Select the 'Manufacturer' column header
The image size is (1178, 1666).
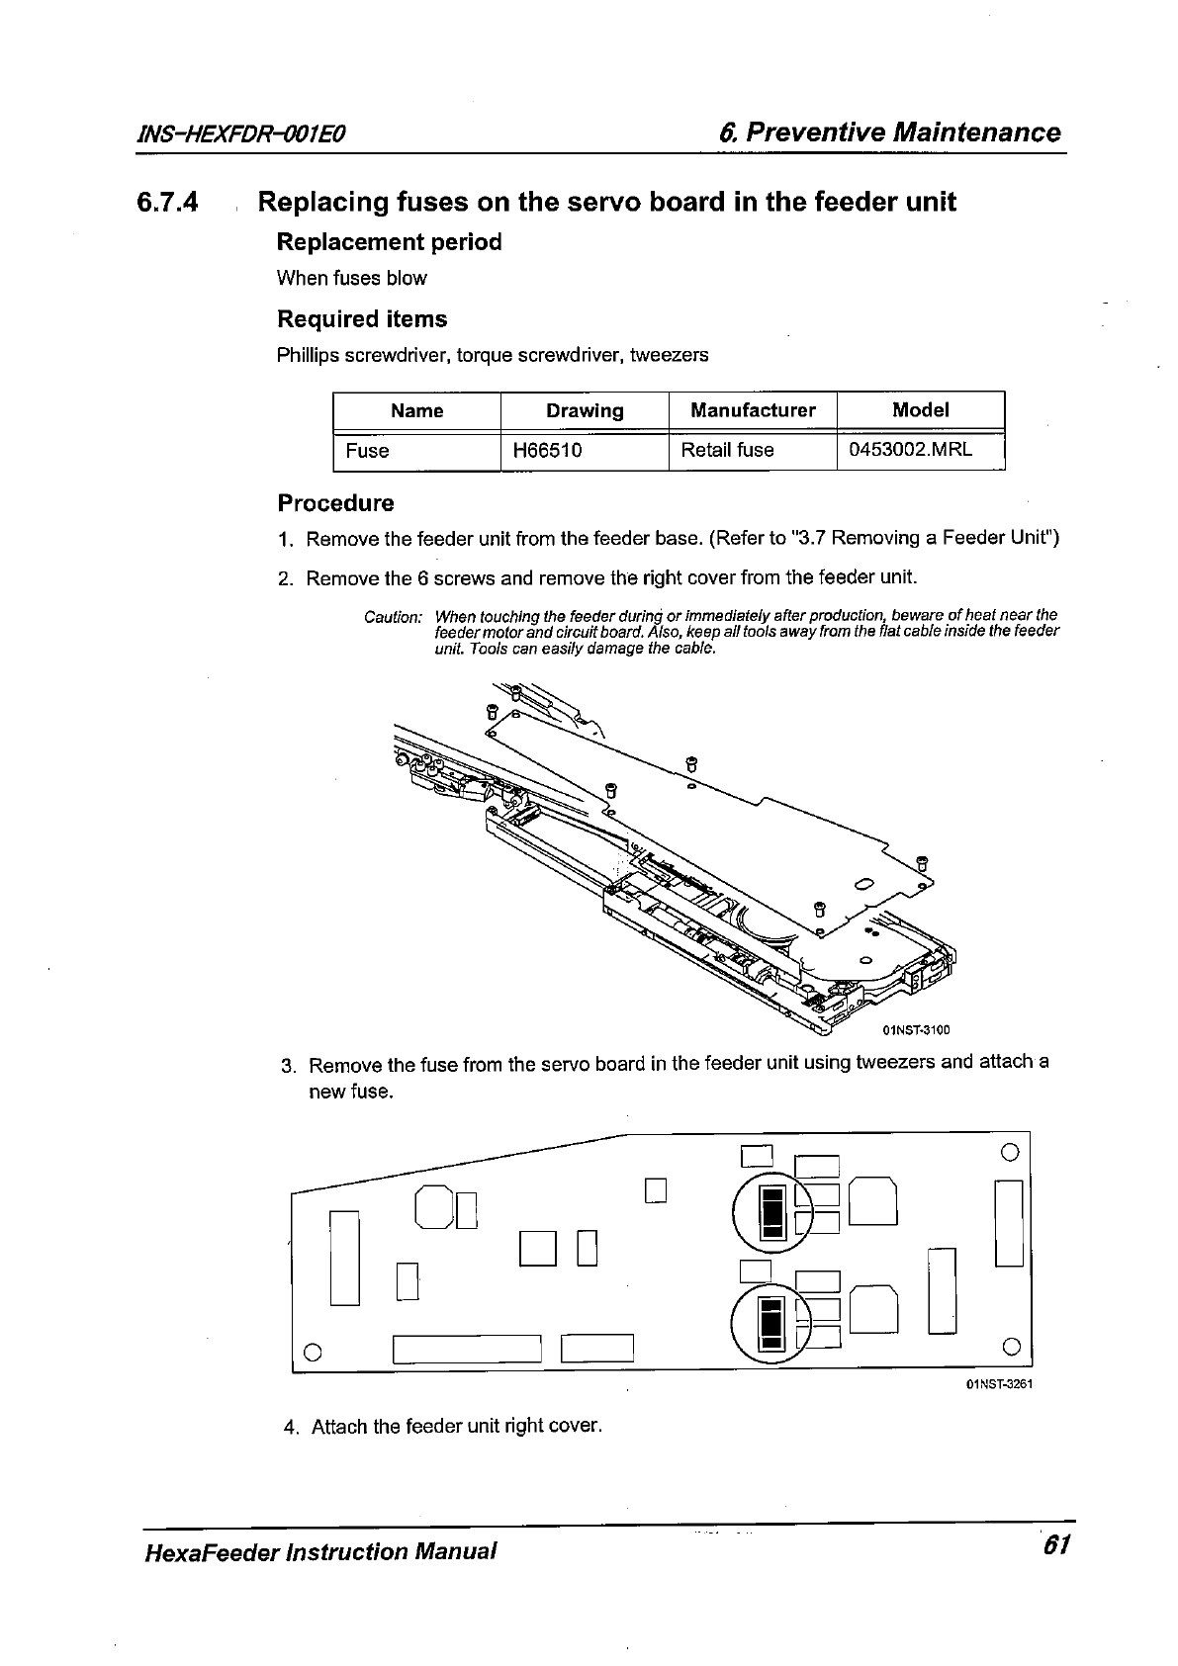(x=753, y=410)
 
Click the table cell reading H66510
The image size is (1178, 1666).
(x=547, y=451)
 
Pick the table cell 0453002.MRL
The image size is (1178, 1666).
(x=911, y=450)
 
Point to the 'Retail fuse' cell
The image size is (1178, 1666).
(x=727, y=451)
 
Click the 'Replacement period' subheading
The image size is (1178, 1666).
(x=389, y=242)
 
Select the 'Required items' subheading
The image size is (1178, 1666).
(x=362, y=319)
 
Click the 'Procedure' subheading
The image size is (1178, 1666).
(x=335, y=503)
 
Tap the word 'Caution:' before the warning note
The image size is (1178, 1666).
(x=393, y=617)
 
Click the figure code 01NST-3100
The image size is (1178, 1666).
(x=915, y=1030)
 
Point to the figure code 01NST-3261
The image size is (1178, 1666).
(x=999, y=1383)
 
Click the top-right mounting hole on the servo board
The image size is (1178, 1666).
(x=1010, y=1151)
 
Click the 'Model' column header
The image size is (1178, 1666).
(x=920, y=410)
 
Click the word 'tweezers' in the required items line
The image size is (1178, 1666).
(x=673, y=354)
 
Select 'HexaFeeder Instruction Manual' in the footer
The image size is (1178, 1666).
(x=318, y=1550)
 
